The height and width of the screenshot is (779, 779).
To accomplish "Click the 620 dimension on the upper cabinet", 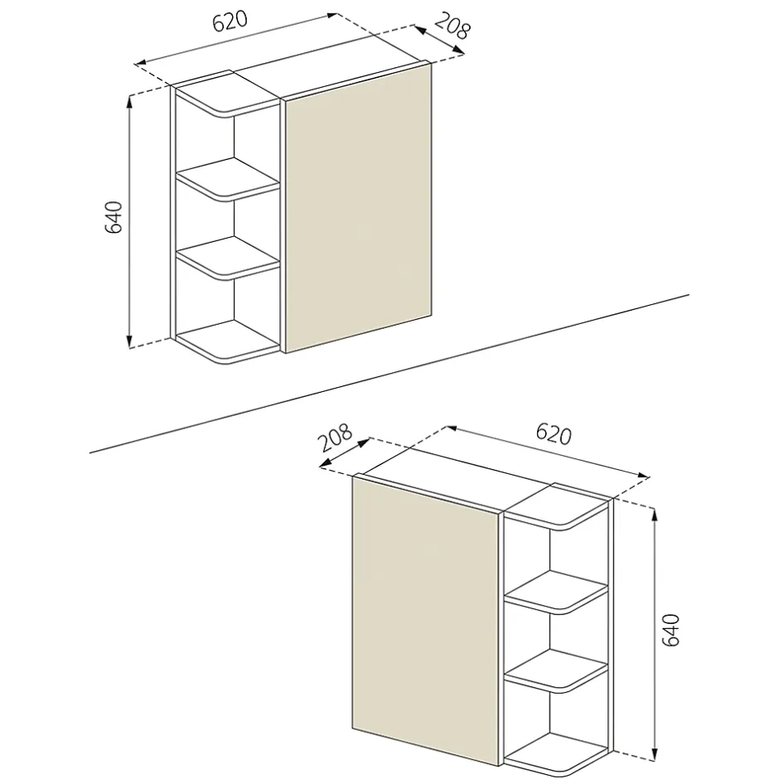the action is [230, 22].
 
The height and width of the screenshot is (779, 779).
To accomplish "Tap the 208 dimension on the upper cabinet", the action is [452, 25].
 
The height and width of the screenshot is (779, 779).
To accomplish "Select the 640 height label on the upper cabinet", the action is [114, 218].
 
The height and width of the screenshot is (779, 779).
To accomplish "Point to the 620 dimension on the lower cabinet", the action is [554, 435].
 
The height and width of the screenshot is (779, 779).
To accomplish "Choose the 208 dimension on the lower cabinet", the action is [335, 437].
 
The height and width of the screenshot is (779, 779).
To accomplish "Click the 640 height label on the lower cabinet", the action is [671, 630].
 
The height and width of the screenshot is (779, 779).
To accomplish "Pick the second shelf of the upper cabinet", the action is [229, 180].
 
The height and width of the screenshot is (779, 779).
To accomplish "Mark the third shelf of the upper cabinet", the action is [229, 257].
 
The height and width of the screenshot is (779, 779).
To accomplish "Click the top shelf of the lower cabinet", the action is [556, 509].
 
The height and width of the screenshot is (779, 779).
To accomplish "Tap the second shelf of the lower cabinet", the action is [556, 593].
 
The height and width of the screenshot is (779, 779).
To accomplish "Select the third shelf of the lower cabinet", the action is [556, 670].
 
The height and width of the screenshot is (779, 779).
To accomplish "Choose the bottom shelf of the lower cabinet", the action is [556, 755].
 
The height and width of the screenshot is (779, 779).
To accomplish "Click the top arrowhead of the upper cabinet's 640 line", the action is [129, 102].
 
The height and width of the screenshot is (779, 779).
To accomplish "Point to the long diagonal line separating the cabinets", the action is [389, 374].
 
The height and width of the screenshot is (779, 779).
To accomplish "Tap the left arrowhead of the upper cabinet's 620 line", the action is [142, 63].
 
